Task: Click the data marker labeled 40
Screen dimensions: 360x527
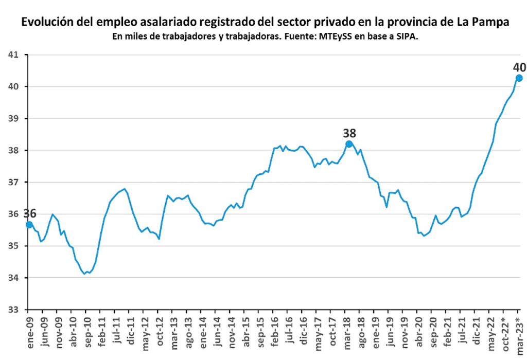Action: [x=519, y=78]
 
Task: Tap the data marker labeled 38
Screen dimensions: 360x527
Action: [x=349, y=144]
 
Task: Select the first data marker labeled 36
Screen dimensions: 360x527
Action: [x=29, y=224]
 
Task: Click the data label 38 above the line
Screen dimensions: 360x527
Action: [x=349, y=133]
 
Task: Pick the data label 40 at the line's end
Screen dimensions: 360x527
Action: [x=519, y=67]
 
